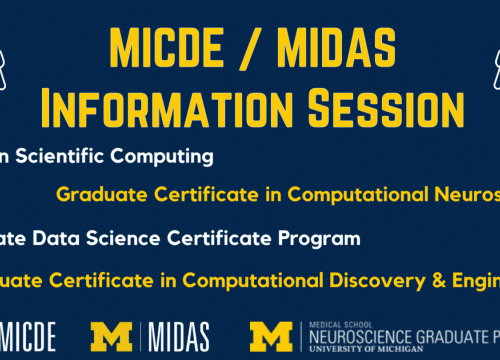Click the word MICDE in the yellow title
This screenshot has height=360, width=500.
point(161,45)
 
